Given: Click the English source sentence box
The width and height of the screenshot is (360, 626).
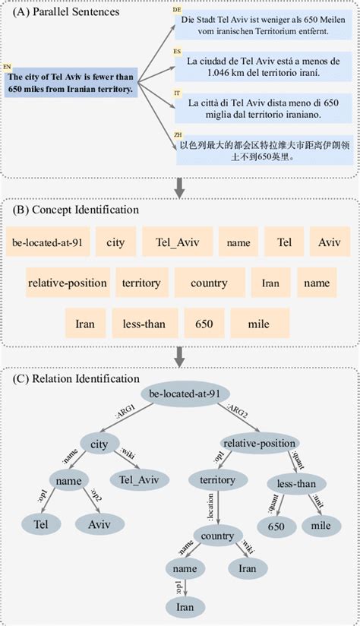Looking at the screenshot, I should point(69,83).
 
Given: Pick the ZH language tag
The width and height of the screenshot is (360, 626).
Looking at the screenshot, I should point(176,136).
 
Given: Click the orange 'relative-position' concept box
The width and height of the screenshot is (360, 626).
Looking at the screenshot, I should point(67,283).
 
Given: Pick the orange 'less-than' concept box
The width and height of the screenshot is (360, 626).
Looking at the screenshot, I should point(144,324).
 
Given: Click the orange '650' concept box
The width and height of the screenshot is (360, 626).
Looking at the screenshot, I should point(204,324).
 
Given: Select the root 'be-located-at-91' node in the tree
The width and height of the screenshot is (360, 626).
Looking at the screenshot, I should point(185,393).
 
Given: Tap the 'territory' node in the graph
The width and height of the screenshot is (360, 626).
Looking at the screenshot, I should point(217,480).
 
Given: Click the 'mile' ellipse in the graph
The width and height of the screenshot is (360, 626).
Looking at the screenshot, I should point(322,524).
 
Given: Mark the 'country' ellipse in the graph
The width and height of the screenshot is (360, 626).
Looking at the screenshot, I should point(217,536).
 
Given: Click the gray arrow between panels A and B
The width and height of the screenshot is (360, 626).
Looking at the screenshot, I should point(180,186).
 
